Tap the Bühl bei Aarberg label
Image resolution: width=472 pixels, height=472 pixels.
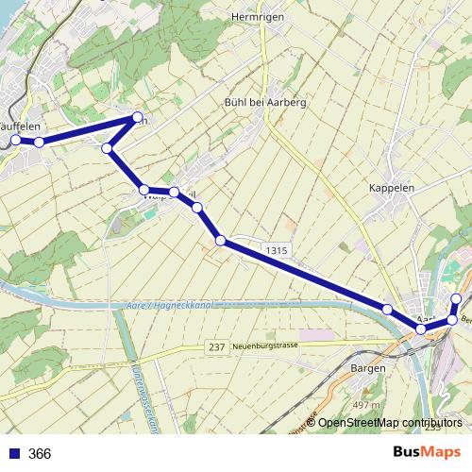pyautogui.click(x=265, y=103)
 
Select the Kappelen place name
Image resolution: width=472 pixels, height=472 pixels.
pyautogui.click(x=393, y=188)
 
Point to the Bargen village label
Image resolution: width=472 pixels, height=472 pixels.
pyautogui.click(x=367, y=367)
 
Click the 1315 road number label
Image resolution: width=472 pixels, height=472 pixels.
pyautogui.click(x=277, y=250)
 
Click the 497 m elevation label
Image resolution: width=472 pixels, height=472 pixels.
pyautogui.click(x=365, y=405)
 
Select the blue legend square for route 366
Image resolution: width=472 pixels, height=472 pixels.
pyautogui.click(x=14, y=454)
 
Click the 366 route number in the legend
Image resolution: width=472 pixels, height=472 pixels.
pyautogui.click(x=40, y=454)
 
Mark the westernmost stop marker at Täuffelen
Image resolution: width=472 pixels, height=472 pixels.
pyautogui.click(x=16, y=141)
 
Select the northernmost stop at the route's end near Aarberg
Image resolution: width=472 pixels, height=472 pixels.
pyautogui.click(x=457, y=299)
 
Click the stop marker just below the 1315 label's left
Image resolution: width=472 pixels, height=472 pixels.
pyautogui.click(x=221, y=241)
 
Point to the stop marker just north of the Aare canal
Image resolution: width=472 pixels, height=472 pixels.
pyautogui.click(x=387, y=310)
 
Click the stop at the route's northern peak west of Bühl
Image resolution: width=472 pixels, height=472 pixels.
pyautogui.click(x=134, y=120)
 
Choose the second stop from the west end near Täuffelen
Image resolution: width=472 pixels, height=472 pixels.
pyautogui.click(x=39, y=142)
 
